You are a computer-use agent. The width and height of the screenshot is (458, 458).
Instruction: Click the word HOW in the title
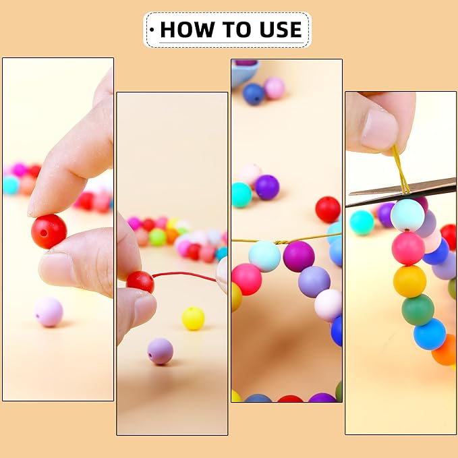pos(187,30)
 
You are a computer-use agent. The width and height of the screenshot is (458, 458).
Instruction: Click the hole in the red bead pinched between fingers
pos(44,233)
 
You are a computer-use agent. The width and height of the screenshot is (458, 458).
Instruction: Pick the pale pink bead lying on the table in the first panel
pos(49,312)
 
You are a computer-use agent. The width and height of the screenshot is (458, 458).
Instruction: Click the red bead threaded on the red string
pos(140,281)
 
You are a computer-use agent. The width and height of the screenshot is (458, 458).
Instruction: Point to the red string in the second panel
pos(185,275)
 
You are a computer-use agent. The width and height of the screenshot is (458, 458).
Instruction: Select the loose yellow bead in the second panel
pos(193,318)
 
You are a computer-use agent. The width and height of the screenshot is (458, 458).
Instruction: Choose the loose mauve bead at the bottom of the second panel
pos(160,351)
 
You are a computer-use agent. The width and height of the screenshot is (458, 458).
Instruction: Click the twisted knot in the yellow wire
pos(281,242)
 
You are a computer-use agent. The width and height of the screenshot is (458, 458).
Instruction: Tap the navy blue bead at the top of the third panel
pos(254,94)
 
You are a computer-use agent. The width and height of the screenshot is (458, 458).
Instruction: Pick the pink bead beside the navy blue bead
pos(275,88)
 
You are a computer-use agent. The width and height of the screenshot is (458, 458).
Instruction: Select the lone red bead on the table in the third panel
pos(328,209)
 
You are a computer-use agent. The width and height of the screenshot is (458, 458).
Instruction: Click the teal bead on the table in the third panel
pos(241,195)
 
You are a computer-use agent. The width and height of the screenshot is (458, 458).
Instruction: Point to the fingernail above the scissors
pos(379,130)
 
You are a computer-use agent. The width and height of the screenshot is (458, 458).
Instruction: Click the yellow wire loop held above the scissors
pos(400,169)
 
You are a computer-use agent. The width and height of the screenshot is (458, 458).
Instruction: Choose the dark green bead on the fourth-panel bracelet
pos(418,310)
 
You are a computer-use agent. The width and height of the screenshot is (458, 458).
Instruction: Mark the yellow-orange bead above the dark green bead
pos(409,281)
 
